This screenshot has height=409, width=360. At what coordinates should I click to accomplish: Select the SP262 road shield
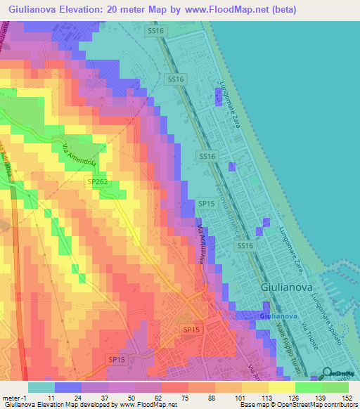coord(98,181)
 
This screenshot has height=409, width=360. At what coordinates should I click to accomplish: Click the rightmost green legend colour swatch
coord(335,387)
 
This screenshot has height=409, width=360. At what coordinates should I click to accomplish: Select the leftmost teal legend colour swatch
coord(41,387)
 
